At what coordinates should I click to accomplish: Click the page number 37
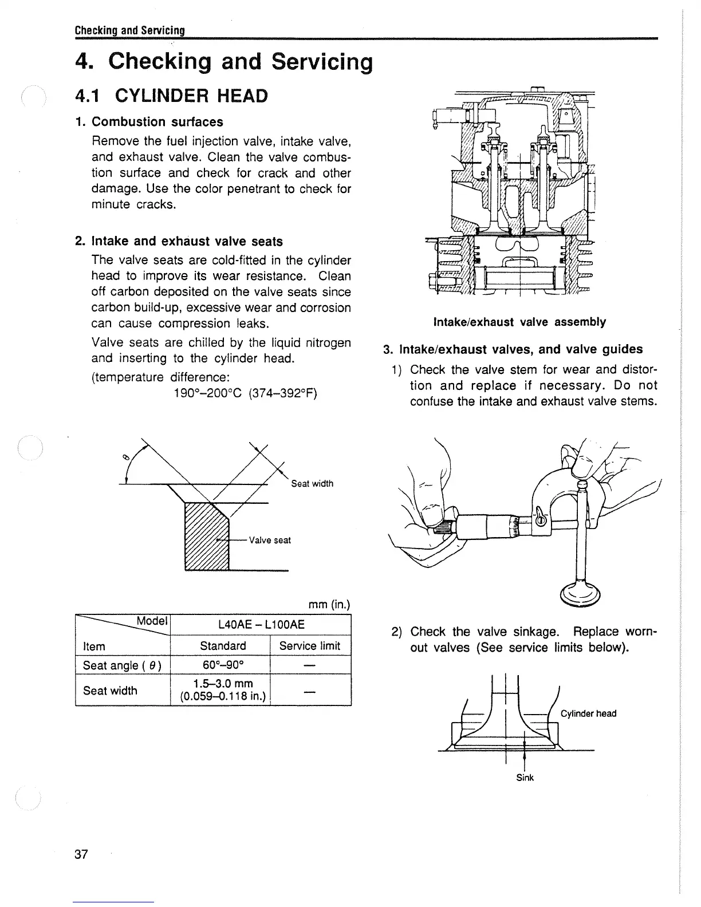point(81,854)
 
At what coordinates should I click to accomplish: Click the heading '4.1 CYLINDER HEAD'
point(171,96)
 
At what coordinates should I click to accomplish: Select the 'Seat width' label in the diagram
point(312,484)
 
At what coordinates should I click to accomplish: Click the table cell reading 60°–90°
point(220,665)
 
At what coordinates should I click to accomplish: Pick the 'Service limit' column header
point(309,646)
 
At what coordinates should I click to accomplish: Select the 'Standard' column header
point(223,646)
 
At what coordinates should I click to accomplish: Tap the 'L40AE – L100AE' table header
point(261,625)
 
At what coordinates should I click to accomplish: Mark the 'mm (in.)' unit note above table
point(329,605)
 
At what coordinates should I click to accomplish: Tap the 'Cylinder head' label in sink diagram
point(588,713)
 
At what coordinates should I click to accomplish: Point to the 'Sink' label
point(525,778)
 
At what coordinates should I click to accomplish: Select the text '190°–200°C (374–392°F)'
point(245,394)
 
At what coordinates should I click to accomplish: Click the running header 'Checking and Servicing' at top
point(129,30)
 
